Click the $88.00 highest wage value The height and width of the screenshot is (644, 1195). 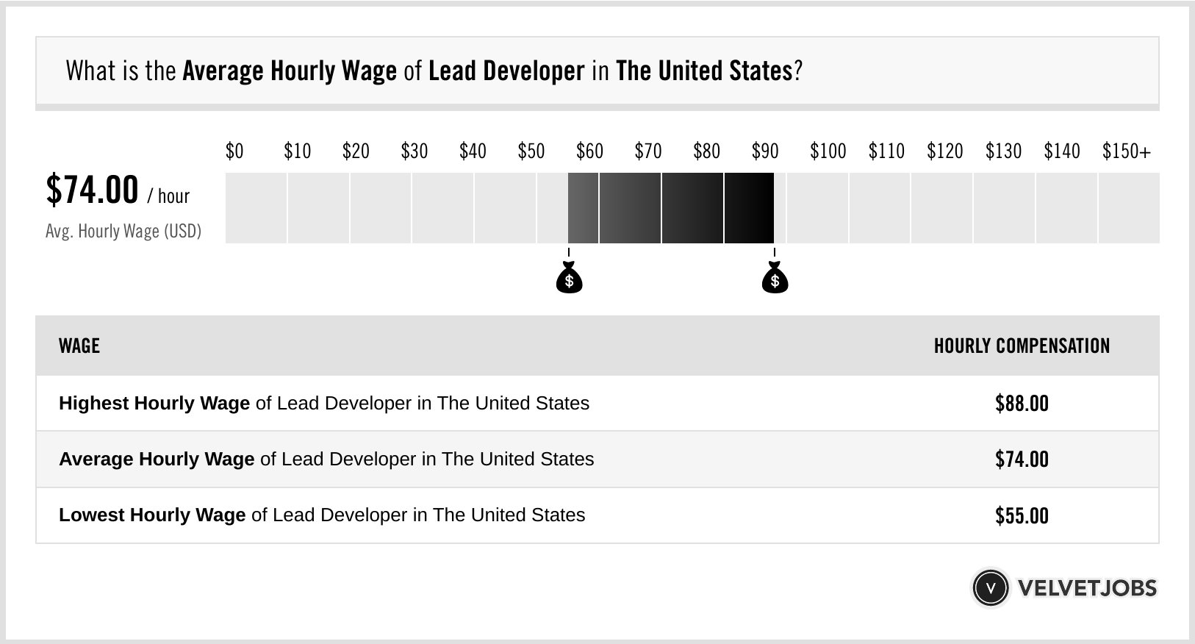[1022, 404]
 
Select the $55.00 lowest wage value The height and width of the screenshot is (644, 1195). [1022, 515]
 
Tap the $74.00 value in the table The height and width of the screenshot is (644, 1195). [1022, 459]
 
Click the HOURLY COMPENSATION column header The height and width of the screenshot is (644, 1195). [1022, 346]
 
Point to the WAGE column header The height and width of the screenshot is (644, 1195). [79, 346]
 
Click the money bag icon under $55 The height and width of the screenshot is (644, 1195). [569, 279]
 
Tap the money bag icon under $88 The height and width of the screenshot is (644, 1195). [775, 279]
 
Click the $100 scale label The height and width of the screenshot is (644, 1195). [828, 151]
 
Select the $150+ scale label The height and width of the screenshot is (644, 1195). [1126, 151]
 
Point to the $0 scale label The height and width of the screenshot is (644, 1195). [234, 151]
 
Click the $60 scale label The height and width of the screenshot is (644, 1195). [589, 151]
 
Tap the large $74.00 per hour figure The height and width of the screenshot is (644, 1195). [93, 190]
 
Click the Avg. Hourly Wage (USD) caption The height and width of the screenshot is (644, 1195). [123, 232]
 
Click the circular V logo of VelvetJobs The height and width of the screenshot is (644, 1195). [990, 587]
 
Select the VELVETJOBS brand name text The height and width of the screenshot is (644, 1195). [1087, 588]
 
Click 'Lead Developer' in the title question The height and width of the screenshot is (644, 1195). [506, 71]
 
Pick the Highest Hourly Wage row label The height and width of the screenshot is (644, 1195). [154, 404]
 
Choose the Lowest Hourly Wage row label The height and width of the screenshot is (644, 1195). [152, 515]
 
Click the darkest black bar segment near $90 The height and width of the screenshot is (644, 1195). [749, 208]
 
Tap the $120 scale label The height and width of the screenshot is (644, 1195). [944, 151]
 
